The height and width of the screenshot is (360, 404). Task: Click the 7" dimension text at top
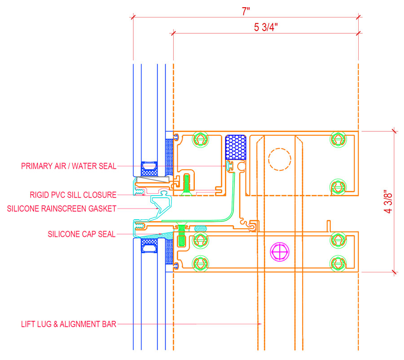(x=245, y=12)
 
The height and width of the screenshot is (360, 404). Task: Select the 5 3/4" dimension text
(x=266, y=27)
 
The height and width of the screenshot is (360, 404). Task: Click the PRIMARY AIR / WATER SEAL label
(x=69, y=166)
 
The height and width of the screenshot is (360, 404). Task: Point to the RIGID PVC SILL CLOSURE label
(x=73, y=195)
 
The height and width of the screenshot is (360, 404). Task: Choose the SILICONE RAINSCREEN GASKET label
(x=62, y=209)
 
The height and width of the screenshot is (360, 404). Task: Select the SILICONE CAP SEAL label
(x=82, y=234)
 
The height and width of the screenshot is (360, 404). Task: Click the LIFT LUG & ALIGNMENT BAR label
(x=69, y=324)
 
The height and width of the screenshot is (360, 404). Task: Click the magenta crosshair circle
(x=280, y=252)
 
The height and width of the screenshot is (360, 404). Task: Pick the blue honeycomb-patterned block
(x=236, y=147)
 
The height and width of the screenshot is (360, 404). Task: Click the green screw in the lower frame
(x=182, y=236)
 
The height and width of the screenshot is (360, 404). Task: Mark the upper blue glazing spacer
(x=149, y=169)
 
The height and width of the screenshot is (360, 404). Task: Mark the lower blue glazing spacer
(x=149, y=245)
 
